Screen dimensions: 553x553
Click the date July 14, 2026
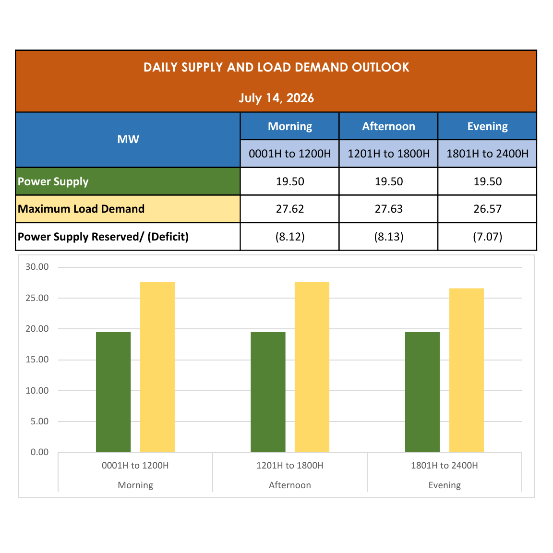coord(276,98)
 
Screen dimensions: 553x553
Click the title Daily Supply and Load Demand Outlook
coord(276,67)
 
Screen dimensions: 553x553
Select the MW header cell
coord(128,139)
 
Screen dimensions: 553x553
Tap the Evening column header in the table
coord(487,126)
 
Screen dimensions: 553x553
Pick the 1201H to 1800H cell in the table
coord(389,154)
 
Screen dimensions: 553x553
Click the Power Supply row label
coord(53,181)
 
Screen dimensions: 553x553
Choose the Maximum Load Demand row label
coord(81,209)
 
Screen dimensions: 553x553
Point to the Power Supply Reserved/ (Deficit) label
coord(103,237)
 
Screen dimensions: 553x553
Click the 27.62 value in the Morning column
coord(290,209)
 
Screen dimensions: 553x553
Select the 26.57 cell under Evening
coord(487,209)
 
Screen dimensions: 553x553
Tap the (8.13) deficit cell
coord(389,237)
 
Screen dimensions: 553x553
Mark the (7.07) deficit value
coord(487,237)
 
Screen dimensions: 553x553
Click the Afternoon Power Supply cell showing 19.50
coord(389,181)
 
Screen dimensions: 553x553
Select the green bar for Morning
coord(113,392)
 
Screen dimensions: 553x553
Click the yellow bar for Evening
coord(467,370)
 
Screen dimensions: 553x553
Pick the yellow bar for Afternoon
coord(312,367)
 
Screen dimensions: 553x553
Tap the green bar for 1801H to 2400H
coord(422,392)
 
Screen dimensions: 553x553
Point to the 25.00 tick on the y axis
coord(37,298)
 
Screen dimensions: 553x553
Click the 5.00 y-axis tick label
coord(39,421)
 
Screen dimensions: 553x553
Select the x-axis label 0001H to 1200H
coord(135,466)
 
